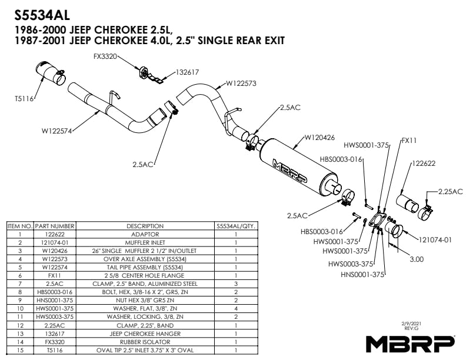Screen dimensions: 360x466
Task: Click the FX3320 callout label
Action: [105, 57]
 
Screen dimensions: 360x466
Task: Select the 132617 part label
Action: [187, 72]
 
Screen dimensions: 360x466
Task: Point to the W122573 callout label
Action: [240, 84]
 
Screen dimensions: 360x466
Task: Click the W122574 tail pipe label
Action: [56, 131]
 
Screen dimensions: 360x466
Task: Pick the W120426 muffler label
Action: [319, 138]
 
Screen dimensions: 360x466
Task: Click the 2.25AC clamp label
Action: [450, 191]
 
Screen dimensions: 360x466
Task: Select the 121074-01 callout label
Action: [435, 239]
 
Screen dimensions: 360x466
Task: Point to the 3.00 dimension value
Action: [415, 259]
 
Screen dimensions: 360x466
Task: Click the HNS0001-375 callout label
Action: [362, 274]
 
